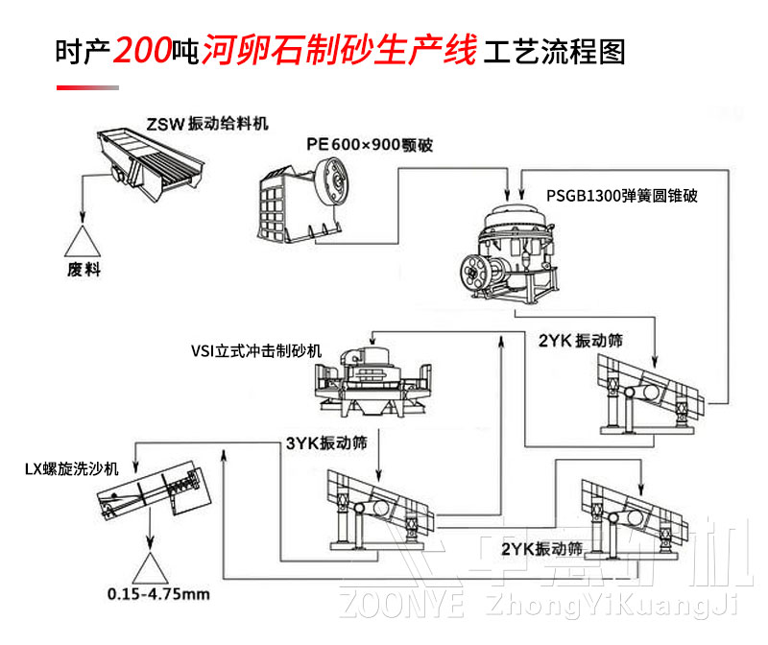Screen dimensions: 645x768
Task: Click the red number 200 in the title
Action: [142, 50]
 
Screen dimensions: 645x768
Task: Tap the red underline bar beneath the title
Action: [87, 88]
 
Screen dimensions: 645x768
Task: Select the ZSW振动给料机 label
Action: [207, 124]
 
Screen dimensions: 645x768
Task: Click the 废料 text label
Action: [84, 271]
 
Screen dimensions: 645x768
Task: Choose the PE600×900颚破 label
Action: [370, 145]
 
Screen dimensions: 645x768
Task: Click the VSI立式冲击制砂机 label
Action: [256, 349]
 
